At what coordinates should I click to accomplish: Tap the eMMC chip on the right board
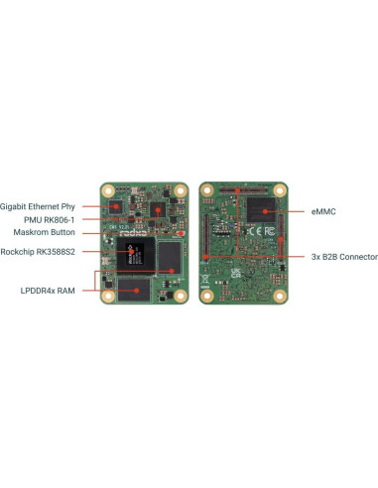pyautogui.click(x=263, y=209)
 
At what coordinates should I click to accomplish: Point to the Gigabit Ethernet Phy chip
pyautogui.click(x=117, y=206)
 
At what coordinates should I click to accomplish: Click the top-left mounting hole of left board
pyautogui.click(x=109, y=188)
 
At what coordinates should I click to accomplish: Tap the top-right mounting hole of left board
pyautogui.click(x=180, y=188)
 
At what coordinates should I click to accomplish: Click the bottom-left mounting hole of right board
pyautogui.click(x=207, y=295)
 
